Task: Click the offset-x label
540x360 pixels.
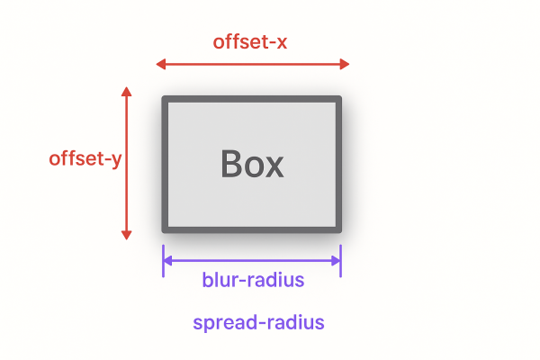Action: coord(250,41)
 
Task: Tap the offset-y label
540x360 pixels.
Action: coord(85,159)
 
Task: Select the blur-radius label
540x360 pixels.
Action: coord(253,279)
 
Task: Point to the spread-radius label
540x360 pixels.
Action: coord(258,323)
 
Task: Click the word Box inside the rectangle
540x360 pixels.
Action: coord(252,164)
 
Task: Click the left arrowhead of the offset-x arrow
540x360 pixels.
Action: coord(161,64)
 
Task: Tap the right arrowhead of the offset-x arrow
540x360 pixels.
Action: coord(345,64)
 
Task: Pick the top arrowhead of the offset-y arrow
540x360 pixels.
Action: coord(126,91)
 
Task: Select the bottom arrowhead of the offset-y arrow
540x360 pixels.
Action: coord(126,235)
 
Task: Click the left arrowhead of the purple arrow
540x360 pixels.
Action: coord(167,261)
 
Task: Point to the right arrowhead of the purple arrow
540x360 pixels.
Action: coord(336,261)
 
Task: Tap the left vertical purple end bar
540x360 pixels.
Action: coord(163,261)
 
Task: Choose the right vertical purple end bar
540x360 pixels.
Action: coord(340,261)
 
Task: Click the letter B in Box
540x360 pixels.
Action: coord(231,164)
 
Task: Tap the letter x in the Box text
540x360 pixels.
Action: coord(274,167)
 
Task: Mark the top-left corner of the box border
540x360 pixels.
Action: coord(163,96)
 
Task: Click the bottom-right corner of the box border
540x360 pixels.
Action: coord(341,232)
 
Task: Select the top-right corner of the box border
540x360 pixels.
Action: coord(341,96)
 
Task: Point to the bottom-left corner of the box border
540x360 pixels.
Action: coord(163,232)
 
